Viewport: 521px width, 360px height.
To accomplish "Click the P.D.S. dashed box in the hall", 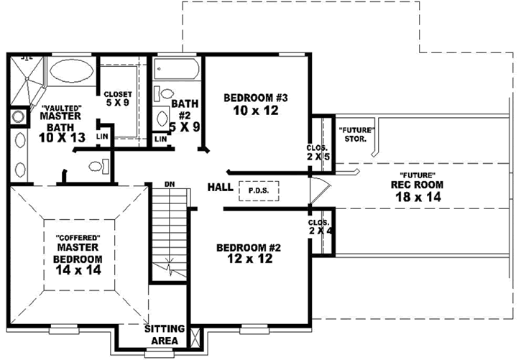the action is point(259,191).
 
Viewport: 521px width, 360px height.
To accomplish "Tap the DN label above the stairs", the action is point(170,185).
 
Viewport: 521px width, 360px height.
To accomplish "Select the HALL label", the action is point(221,187).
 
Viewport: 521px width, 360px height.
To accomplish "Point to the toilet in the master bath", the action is point(99,166).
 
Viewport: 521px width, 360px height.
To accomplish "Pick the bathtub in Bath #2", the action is point(177,69).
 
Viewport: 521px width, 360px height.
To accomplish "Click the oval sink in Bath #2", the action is point(162,119).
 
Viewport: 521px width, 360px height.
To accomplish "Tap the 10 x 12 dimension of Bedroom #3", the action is point(256,110).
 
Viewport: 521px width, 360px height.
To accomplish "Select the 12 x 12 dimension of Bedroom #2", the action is point(250,259).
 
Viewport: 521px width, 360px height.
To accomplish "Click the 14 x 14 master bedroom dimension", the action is point(78,270).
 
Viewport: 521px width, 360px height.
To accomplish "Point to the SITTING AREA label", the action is point(165,334).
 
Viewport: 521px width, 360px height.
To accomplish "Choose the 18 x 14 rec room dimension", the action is point(418,197).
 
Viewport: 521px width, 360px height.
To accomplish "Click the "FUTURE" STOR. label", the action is point(356,134).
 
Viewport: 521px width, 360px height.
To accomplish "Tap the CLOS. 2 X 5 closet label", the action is point(318,152).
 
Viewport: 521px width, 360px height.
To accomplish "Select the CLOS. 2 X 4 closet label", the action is point(320,226).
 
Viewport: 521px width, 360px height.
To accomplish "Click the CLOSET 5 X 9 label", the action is point(118,98).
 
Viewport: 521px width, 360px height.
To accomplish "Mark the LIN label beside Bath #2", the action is point(161,139).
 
